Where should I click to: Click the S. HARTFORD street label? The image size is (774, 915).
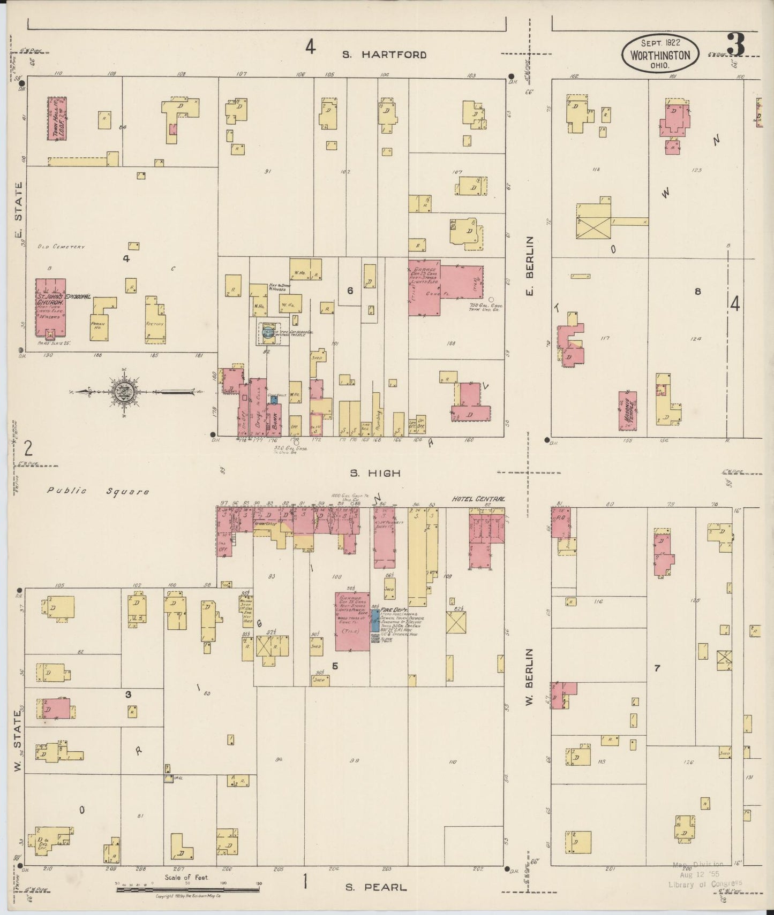click(385, 54)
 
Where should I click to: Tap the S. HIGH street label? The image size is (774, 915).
click(375, 473)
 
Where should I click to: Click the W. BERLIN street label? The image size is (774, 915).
click(530, 676)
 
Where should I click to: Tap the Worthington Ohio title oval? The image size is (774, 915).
click(660, 55)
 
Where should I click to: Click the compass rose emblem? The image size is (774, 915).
click(124, 392)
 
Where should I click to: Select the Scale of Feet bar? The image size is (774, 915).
click(187, 889)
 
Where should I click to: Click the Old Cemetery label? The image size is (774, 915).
click(61, 247)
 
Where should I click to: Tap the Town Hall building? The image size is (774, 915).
click(57, 118)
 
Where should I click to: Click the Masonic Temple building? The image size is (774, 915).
click(628, 411)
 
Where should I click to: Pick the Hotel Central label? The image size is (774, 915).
click(478, 499)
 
